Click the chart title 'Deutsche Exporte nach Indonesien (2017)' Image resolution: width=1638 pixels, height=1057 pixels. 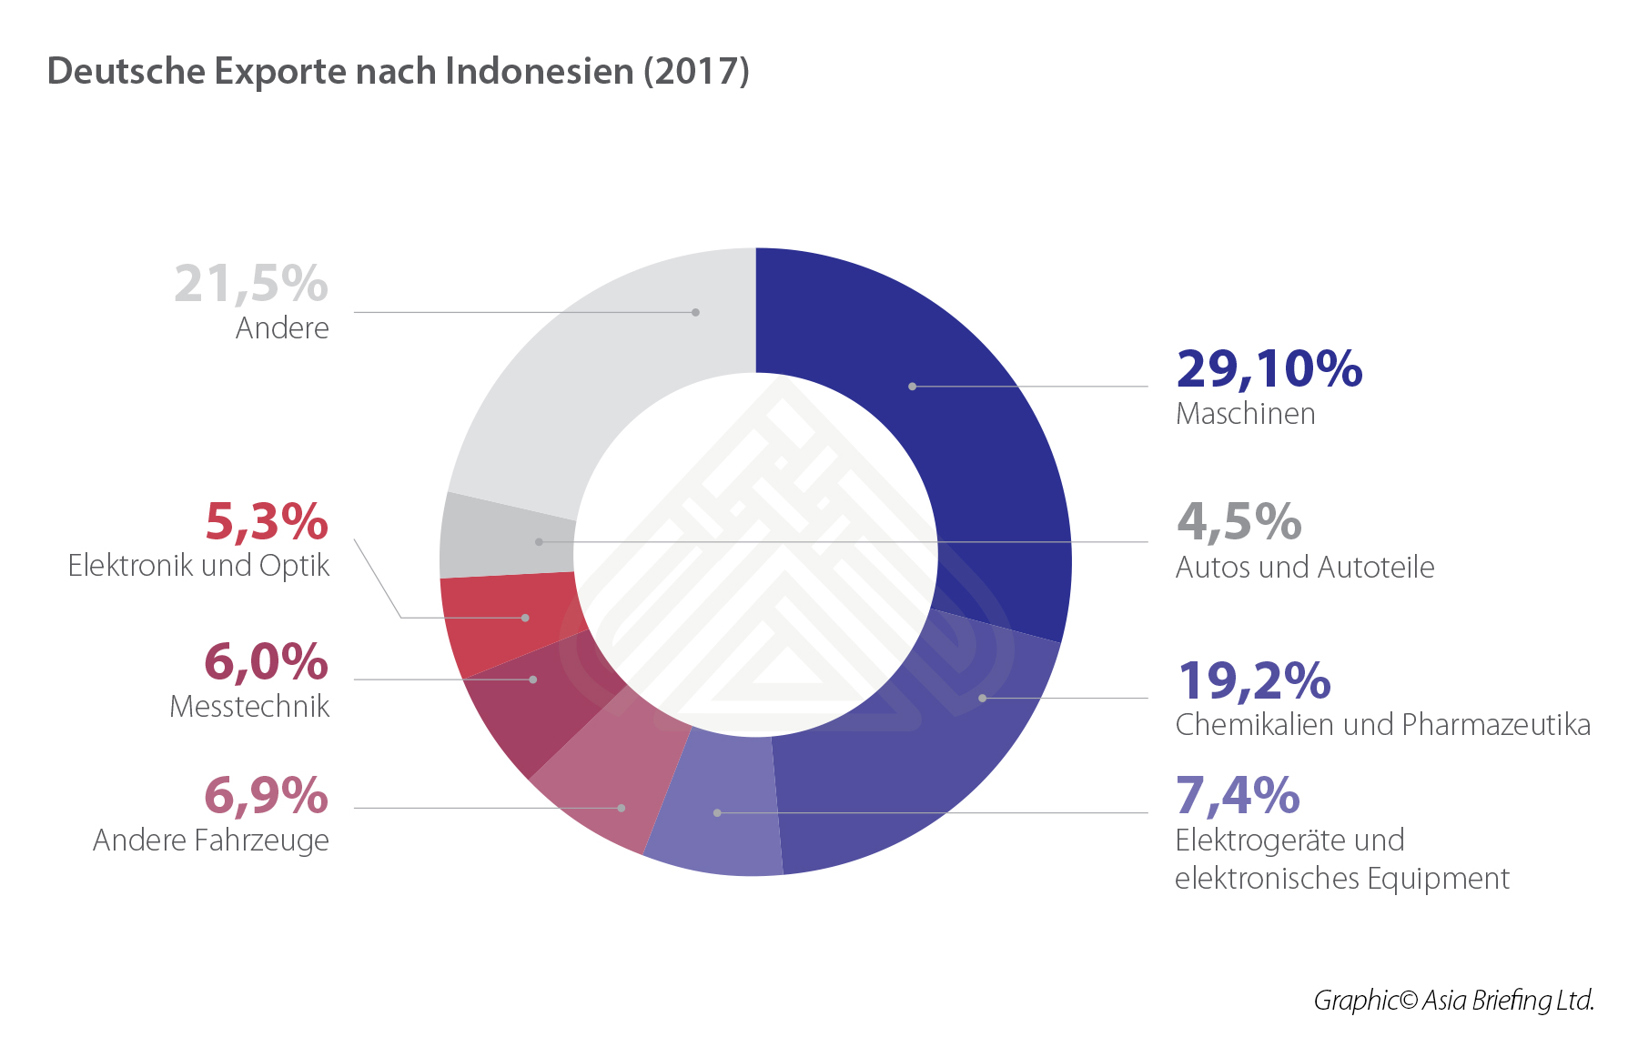point(398,71)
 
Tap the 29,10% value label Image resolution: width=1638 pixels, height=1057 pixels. point(1269,368)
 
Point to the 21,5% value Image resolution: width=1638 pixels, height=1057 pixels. point(251,283)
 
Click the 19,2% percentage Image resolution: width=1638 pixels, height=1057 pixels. point(1253,680)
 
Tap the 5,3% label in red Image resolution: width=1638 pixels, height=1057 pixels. point(266,521)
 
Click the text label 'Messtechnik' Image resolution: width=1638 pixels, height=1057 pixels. point(249,707)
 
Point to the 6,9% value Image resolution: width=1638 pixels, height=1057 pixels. point(266,795)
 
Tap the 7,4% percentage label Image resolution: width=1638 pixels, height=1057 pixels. point(1238,795)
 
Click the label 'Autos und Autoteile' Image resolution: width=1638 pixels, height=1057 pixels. point(1304,568)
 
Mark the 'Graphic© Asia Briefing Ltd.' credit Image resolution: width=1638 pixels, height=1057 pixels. point(1453,1001)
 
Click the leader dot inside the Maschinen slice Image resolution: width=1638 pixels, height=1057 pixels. point(912,387)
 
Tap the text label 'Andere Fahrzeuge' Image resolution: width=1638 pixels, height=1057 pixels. point(211,841)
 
